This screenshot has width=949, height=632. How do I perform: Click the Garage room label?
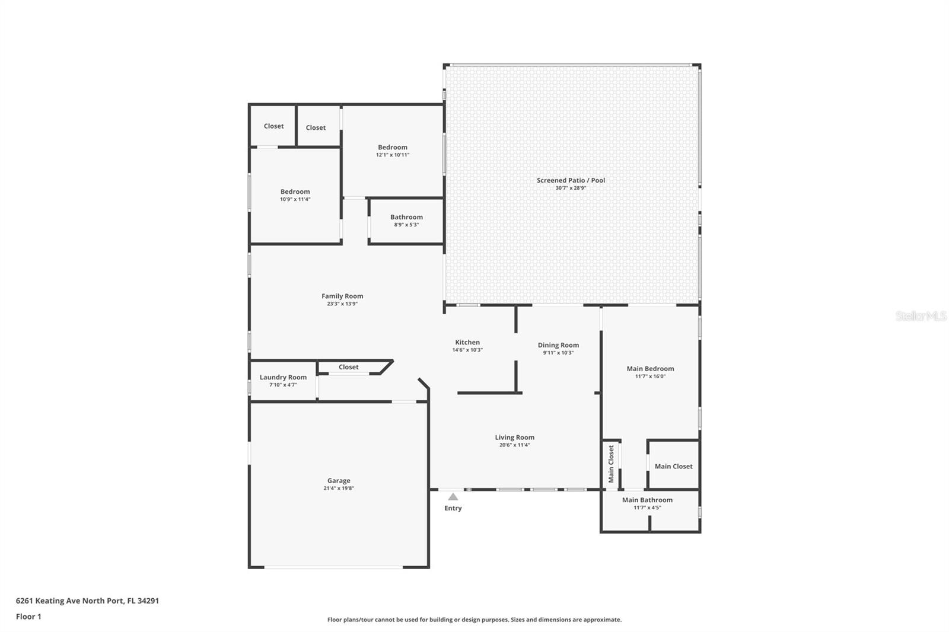[x=339, y=480]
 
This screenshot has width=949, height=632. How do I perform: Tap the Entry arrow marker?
[x=453, y=497]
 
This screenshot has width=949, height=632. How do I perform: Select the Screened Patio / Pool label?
[x=571, y=180]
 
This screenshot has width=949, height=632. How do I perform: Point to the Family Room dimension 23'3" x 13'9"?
[x=342, y=304]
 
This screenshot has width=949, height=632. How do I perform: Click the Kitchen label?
[x=467, y=342]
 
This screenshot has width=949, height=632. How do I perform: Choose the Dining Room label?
[x=558, y=345]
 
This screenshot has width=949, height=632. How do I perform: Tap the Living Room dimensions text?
[x=515, y=445]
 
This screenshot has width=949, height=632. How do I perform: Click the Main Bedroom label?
[x=650, y=369]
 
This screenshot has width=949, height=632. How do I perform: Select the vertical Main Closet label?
[x=611, y=464]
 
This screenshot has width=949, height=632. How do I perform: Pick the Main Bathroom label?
[x=647, y=500]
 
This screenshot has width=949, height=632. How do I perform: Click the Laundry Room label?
[x=283, y=377]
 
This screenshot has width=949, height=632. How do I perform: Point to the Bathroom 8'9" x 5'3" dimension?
[x=407, y=225]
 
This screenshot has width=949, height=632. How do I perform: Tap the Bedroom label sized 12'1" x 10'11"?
[x=393, y=147]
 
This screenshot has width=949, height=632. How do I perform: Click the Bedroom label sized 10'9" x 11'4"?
[x=295, y=191]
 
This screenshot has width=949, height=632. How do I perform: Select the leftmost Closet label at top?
[x=273, y=126]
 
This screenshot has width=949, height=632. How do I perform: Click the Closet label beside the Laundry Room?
[x=349, y=367]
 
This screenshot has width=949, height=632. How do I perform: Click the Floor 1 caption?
[x=29, y=617]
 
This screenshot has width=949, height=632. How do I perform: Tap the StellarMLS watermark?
[x=921, y=315]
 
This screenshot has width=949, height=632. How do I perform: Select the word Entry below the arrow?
[x=453, y=508]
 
